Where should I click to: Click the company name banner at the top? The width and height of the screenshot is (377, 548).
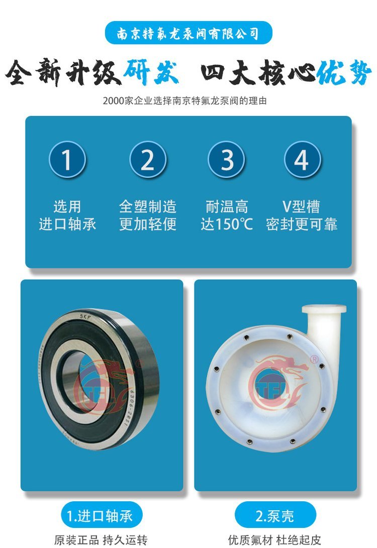pos(189,33)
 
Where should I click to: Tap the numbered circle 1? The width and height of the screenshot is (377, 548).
pos(67,159)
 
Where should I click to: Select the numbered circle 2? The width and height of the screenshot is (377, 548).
pos(148,159)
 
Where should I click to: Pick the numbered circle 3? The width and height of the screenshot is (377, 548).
pos(226,159)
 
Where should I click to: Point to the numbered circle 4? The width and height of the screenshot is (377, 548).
pos(302,159)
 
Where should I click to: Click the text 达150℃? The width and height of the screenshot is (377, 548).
pos(227,224)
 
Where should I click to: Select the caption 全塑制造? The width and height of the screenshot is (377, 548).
pos(148,206)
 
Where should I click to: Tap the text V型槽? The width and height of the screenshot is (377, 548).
pos(301,206)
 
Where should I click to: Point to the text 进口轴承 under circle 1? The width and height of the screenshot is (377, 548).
pos(67,224)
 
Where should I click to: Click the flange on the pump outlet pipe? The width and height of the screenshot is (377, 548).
pos(324,309)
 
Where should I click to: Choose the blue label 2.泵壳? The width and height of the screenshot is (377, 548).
pos(274,515)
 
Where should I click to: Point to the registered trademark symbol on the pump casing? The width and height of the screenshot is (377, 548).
pos(314,360)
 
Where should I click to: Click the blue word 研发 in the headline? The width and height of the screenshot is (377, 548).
pos(151,73)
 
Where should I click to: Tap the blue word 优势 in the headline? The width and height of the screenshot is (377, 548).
pos(344,73)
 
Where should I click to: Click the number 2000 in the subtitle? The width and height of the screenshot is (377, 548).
pos(113,100)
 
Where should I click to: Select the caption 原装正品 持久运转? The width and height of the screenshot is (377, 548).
pos(101,540)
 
